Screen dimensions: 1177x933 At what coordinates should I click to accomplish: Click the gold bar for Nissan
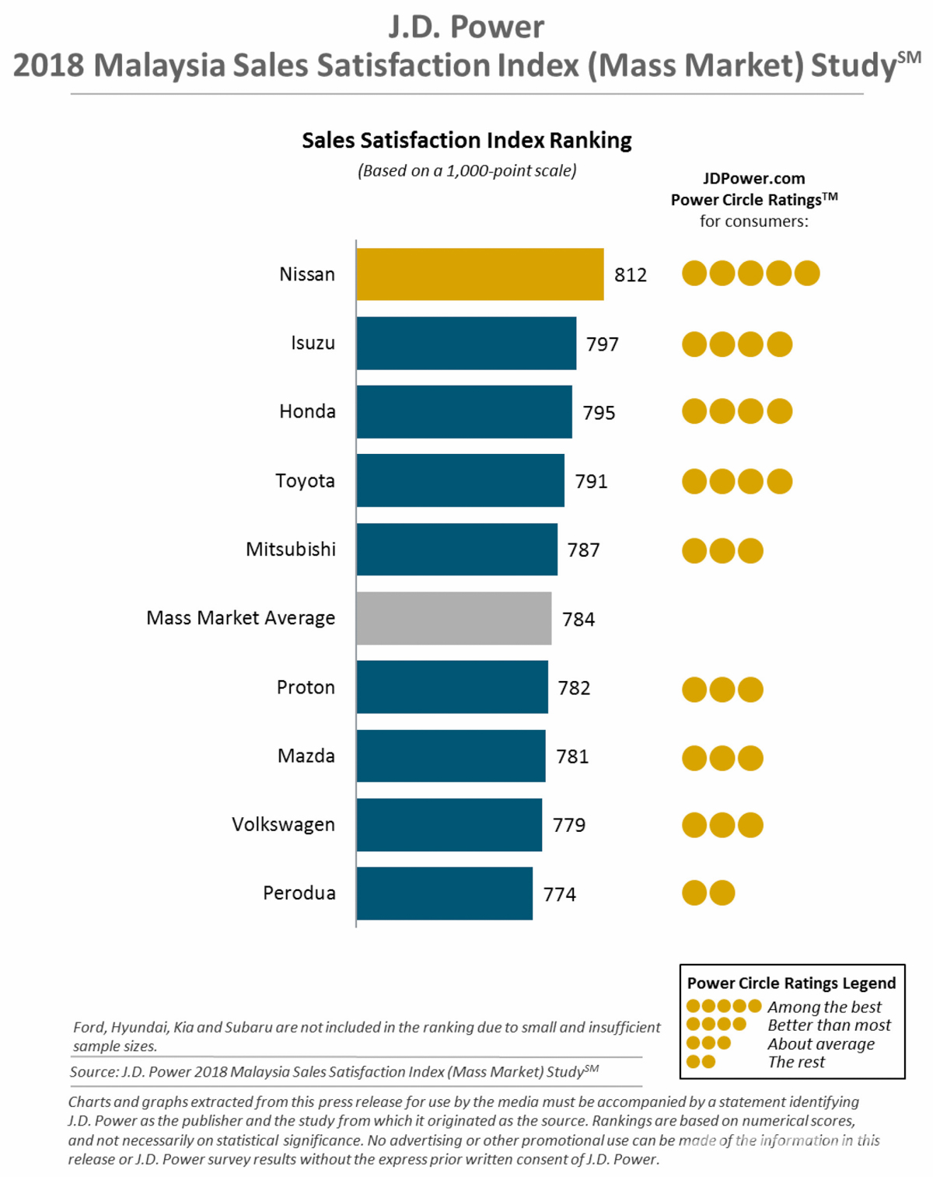pos(480,274)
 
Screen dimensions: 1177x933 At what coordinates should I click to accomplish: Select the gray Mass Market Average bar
pos(454,618)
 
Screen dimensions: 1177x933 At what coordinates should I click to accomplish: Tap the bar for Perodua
pos(445,893)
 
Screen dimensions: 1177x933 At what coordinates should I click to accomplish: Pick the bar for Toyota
pos(460,480)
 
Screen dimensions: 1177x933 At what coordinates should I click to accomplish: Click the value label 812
pos(631,275)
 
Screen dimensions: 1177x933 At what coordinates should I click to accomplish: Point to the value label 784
pos(578,620)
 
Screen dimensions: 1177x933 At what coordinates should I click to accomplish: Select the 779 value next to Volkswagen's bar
pos(569,825)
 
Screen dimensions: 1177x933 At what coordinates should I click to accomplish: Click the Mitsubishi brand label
pos(291,550)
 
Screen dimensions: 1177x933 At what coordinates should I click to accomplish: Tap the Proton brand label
pos(306,687)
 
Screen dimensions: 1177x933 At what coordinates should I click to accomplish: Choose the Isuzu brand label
pos(313,343)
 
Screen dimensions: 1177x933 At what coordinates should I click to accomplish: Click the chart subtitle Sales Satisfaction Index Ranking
pos(466,141)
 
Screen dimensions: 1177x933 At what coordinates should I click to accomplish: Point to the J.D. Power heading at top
pos(466,27)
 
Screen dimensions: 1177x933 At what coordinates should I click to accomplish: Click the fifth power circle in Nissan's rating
pos(807,274)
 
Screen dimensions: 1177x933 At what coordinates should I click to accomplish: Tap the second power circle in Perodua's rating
pos(722,893)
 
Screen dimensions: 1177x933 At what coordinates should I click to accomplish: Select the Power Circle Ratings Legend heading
pos(791,983)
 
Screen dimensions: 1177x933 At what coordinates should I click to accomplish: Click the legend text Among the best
pos(824,1008)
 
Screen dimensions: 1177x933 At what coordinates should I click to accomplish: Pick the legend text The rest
pos(796,1062)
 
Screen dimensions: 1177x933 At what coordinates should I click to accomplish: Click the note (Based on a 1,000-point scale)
pos(466,171)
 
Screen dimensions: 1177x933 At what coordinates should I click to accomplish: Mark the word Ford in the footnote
pos(89,1028)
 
